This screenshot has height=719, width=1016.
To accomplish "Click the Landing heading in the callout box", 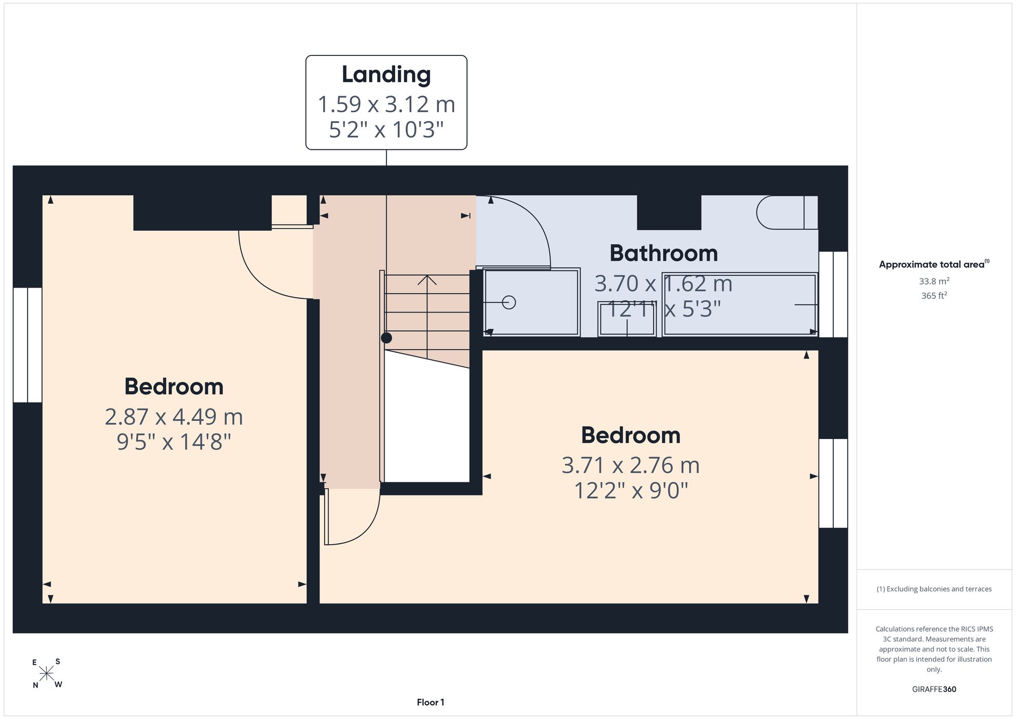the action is [386, 75].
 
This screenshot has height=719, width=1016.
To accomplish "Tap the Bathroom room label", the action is [663, 253].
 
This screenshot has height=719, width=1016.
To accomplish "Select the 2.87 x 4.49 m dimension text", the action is [174, 417].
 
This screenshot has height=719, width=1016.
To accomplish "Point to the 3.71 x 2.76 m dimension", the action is [630, 465].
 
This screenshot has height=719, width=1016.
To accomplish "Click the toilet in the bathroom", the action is [786, 212].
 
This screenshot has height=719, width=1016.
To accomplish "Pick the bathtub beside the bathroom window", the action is [740, 304].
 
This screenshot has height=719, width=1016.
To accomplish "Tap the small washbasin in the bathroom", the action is [627, 319].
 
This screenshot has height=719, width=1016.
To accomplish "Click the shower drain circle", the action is [509, 302].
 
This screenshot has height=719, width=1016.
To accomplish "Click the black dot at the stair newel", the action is [387, 337].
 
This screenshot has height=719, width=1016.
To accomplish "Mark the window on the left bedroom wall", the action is [27, 345].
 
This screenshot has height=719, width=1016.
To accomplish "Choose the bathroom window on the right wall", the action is [833, 294].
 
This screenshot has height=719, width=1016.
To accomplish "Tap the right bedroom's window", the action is [833, 483].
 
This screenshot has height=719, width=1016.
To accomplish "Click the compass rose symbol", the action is [47, 674].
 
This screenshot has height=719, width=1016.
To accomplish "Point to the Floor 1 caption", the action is [430, 702].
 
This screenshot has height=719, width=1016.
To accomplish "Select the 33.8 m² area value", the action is [934, 281].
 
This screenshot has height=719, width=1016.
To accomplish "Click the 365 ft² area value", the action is [934, 295].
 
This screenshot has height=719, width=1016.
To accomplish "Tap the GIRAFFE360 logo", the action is [934, 690].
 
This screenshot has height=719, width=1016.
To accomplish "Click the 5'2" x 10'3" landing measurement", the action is [386, 130].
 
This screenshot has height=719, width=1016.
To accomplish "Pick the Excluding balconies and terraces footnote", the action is [934, 589].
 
